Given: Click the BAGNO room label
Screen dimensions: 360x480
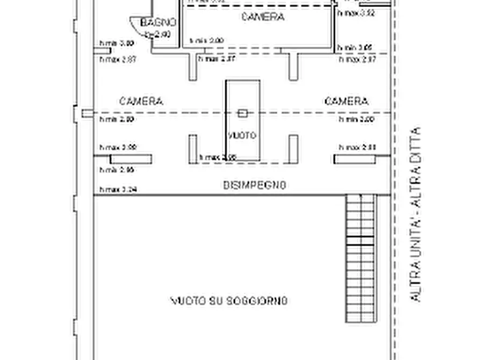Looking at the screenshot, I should click(158, 22).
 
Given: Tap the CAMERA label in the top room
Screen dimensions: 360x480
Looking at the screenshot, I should click(263, 17).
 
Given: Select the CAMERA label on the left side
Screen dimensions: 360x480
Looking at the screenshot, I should click(141, 101).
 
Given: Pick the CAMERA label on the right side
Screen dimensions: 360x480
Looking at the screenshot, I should click(347, 101).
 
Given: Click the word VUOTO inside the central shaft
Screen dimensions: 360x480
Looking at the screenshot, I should click(242, 135).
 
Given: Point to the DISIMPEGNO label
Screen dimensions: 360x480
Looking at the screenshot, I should click(254, 185).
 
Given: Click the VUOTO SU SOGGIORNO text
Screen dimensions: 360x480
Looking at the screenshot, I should click(229, 300).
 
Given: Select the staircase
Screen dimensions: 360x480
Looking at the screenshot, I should click(360, 258).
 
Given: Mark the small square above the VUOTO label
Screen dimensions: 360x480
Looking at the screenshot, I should click(243, 113).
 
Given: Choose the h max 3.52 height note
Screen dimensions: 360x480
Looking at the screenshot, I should click(356, 13).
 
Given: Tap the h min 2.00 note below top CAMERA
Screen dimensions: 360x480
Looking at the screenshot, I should click(206, 41).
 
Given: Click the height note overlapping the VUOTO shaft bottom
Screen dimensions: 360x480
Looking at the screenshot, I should click(217, 157).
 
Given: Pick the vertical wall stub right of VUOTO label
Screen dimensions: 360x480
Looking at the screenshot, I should click(293, 149).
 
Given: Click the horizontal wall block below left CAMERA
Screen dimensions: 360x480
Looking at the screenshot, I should click(131, 159).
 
